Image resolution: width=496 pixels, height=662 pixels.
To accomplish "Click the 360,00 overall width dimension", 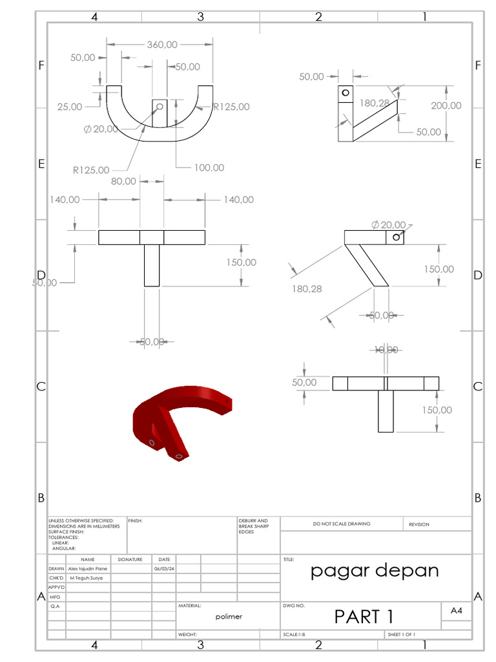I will coord(162,45).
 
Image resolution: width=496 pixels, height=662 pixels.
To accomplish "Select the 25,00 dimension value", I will coord(70,107).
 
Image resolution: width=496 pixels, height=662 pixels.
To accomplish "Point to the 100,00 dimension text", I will coord(209,167).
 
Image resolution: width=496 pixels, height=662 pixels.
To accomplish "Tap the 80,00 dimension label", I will coord(123,181).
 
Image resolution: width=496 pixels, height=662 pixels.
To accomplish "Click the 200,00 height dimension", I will coord(446,105).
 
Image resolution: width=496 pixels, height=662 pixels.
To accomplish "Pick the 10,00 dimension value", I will coord(386,349).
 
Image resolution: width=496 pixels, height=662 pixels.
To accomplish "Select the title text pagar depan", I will coord(375,570).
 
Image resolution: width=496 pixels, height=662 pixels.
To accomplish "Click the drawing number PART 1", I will coord(364,617).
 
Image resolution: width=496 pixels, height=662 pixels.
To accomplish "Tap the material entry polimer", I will coord(229,617).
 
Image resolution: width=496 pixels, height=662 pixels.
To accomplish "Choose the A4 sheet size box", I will coord(456,610).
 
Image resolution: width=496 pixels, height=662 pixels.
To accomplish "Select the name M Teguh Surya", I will coord(86,578).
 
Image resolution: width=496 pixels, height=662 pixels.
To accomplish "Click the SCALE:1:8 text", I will coord(294,635).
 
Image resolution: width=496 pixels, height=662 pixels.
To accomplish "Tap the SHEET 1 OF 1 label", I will coord(401,635).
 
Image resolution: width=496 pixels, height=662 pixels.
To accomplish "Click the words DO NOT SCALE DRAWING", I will coord(342,524).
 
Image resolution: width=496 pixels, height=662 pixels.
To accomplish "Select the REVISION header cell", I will coord(418,524).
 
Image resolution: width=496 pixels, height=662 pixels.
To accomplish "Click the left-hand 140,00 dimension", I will coord(65,200).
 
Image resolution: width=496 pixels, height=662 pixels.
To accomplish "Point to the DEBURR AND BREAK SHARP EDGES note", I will coord(251,526).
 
